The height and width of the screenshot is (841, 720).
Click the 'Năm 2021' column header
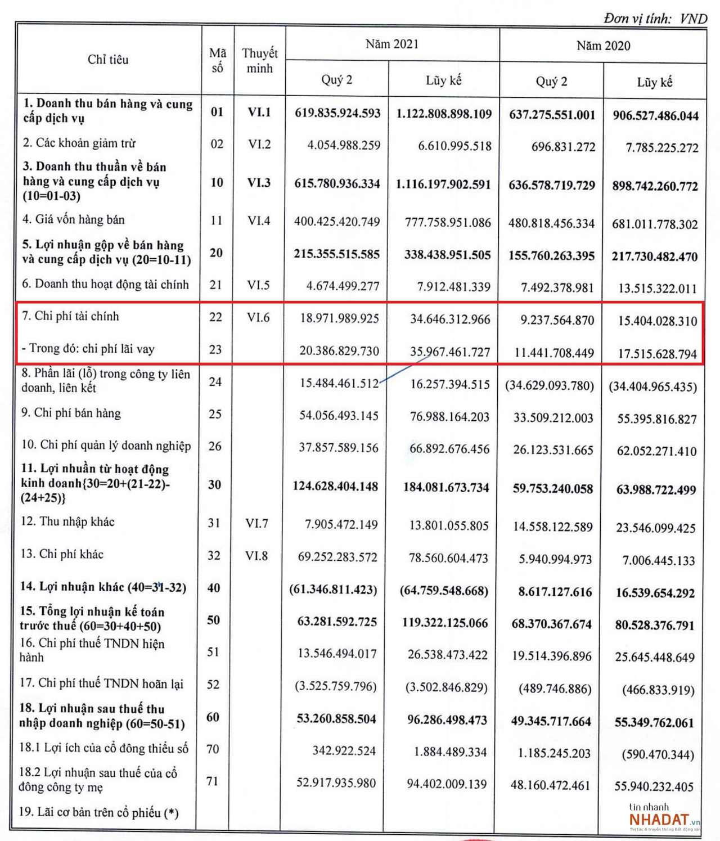pyautogui.click(x=392, y=44)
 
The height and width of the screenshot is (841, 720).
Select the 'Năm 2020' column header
pyautogui.click(x=603, y=46)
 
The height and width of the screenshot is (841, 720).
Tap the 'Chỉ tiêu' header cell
pyautogui.click(x=108, y=60)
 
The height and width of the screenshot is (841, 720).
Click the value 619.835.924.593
pyautogui.click(x=337, y=113)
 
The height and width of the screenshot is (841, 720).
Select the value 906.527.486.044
pyautogui.click(x=655, y=116)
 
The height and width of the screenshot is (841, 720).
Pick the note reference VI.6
pyautogui.click(x=258, y=317)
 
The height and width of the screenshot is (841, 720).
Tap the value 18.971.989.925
pyautogui.click(x=339, y=318)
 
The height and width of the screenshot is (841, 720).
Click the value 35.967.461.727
pyautogui.click(x=450, y=352)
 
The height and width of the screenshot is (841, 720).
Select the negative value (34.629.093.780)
pyautogui.click(x=550, y=385)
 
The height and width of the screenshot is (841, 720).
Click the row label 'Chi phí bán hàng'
pyautogui.click(x=71, y=413)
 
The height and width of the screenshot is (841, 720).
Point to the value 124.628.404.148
pyautogui.click(x=335, y=486)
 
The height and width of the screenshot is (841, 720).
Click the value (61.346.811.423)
pyautogui.click(x=333, y=590)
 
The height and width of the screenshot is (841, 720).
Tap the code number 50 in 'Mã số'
pyautogui.click(x=213, y=620)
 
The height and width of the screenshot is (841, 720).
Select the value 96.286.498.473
pyautogui.click(x=447, y=719)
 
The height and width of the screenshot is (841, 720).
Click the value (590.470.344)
pyautogui.click(x=658, y=754)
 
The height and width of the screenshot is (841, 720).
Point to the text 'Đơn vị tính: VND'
pyautogui.click(x=655, y=19)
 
